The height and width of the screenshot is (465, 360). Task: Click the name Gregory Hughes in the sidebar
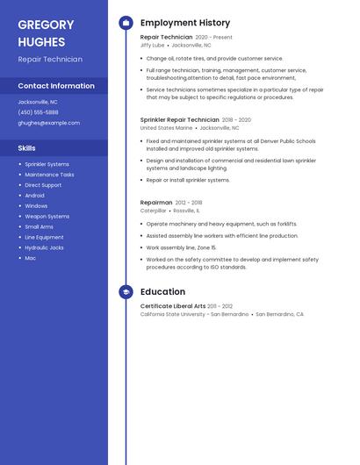click(x=46, y=33)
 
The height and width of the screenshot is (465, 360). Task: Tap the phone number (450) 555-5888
click(x=38, y=112)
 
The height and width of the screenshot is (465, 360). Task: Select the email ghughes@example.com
click(x=48, y=123)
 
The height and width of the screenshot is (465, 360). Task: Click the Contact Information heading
click(x=56, y=86)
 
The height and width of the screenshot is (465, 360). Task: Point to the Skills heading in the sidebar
click(x=27, y=148)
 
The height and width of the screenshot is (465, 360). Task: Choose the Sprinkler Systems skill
click(x=47, y=164)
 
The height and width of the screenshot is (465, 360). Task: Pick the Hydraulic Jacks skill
click(x=44, y=247)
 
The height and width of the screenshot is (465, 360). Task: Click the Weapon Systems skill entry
click(x=47, y=216)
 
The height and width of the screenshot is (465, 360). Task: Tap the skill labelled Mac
click(x=30, y=258)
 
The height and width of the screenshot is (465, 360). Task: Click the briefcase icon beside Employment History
click(x=126, y=23)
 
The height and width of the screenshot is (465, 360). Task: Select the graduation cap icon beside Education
click(x=126, y=291)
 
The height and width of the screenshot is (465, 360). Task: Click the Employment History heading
click(x=185, y=23)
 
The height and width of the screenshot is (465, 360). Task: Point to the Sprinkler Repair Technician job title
click(x=179, y=119)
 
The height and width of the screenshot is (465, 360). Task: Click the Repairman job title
click(x=156, y=203)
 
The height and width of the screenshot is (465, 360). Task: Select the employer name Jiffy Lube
click(x=152, y=45)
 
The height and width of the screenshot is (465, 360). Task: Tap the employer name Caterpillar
click(x=153, y=211)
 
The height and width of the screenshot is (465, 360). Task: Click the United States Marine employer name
click(x=165, y=127)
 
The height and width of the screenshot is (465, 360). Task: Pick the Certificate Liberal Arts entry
click(x=173, y=306)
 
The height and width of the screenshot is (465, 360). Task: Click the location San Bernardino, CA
click(x=279, y=314)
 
